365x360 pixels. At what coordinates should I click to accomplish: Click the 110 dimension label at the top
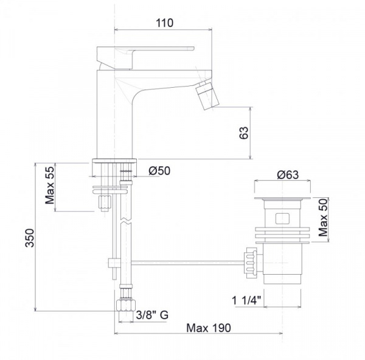(164, 23)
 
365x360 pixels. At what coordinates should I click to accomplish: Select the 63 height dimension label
(244, 133)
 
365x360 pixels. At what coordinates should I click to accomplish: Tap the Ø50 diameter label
(159, 171)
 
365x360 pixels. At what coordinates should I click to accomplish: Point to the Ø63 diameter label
(288, 175)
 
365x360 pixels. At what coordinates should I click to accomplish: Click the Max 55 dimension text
(50, 185)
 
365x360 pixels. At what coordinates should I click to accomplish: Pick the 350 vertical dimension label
(30, 238)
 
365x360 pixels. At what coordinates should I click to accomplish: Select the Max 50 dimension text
(323, 217)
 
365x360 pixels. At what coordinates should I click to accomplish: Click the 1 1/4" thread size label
(246, 300)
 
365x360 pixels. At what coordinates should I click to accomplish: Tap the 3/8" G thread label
(152, 315)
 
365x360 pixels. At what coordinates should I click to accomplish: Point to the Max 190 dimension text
(209, 328)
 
